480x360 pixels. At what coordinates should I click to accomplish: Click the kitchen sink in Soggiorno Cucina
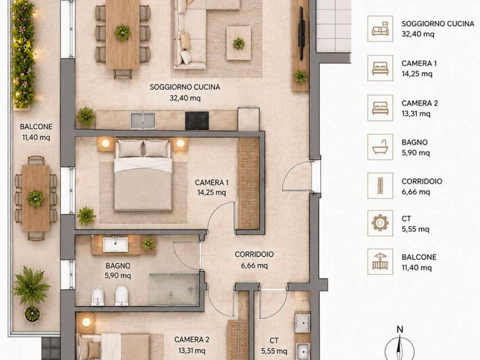pos(143,121)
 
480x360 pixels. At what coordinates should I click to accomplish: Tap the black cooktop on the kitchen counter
pos(197,121)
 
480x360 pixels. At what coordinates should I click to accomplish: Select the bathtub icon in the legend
pos(380,147)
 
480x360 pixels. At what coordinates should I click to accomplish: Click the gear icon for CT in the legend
pos(380,223)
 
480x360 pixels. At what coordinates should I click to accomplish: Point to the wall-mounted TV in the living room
pos(302,33)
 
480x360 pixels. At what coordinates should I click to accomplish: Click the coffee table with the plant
pos(239,43)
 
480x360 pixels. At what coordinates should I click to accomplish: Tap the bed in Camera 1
pos(143,175)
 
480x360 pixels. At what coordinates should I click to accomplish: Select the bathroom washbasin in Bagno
pos(115,245)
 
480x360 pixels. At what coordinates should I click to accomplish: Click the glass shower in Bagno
pos(174,289)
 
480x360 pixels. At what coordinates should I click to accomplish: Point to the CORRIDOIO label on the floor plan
pos(254,254)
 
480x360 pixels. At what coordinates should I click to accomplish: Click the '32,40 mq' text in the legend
pos(418,34)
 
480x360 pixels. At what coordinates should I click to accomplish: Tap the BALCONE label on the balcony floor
pos(36,127)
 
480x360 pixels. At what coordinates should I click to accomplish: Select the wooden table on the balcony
pos(36,198)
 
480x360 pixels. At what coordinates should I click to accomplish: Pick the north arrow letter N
pos(400,329)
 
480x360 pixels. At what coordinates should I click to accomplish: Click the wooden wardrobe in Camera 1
pos(248,183)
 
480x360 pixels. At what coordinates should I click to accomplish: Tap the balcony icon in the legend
pos(380,262)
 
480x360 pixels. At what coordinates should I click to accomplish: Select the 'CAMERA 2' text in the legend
pos(420,103)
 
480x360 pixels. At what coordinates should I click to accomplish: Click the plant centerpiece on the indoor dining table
pos(123,32)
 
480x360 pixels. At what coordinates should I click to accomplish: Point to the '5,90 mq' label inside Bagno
pos(118,276)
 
